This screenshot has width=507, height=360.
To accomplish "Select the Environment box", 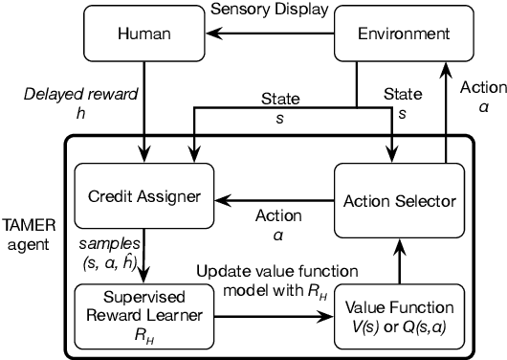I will click(404, 34).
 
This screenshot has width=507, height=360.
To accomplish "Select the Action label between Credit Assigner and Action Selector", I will click(279, 223).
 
